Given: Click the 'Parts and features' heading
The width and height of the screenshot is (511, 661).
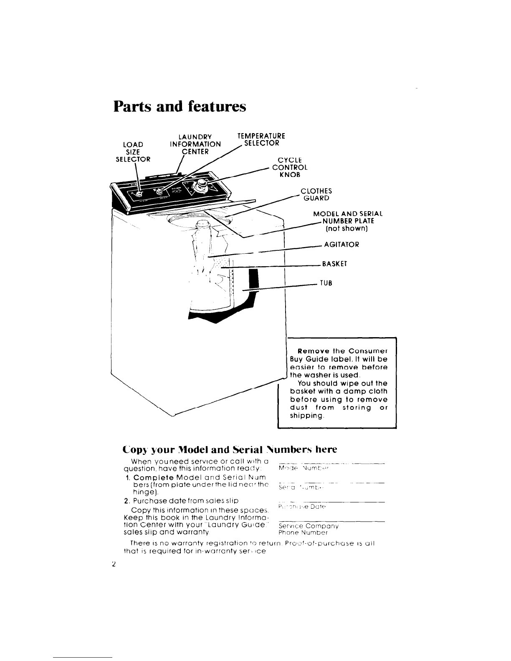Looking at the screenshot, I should tap(180, 106).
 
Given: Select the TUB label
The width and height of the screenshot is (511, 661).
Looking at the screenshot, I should tap(326, 283).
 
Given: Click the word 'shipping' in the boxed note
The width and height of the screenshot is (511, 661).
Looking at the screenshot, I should tap(305, 416).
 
